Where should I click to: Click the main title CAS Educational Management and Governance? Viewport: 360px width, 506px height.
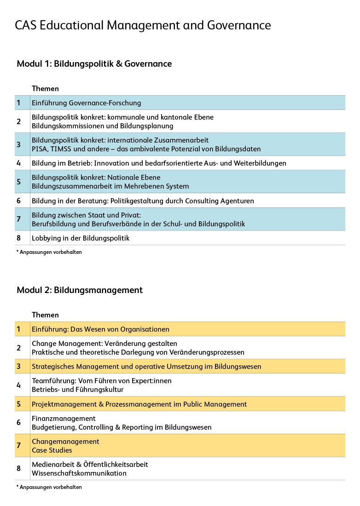click(x=143, y=25)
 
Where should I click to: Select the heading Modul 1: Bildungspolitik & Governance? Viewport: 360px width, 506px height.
click(x=94, y=64)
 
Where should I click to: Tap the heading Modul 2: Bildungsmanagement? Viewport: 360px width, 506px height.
click(x=80, y=290)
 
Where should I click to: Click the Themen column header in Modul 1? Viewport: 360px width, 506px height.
click(x=45, y=89)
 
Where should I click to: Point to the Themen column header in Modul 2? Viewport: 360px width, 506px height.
click(x=45, y=315)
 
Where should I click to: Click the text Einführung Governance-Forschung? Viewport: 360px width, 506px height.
click(x=86, y=103)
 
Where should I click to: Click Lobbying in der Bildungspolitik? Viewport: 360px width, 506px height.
click(x=81, y=238)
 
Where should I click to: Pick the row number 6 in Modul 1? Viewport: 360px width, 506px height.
click(x=19, y=201)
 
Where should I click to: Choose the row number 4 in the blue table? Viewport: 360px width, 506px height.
click(x=19, y=163)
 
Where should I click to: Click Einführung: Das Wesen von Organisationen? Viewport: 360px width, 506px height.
click(x=100, y=329)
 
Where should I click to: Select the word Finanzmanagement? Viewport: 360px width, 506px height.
click(x=64, y=419)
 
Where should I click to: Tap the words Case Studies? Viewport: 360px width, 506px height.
click(x=52, y=450)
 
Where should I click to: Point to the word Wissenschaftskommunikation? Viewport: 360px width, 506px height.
click(x=79, y=473)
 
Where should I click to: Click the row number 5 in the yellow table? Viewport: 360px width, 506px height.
click(x=19, y=404)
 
